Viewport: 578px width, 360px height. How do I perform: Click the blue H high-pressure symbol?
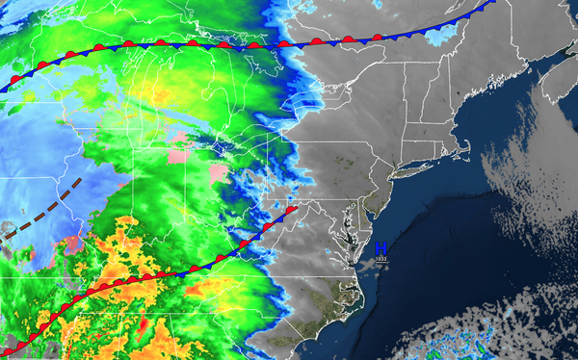[x=381, y=249]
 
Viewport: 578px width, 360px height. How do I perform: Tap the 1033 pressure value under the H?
[x=381, y=259]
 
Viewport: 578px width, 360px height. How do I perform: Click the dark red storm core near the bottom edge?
[x=142, y=328]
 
